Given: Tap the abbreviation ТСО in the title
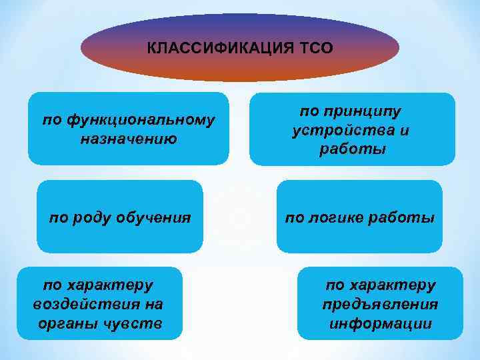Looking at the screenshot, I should coord(317,49).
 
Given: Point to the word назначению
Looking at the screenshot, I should coord(128,139).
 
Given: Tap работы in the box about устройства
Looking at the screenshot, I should coord(352,149).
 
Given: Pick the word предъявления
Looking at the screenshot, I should coord(380,305).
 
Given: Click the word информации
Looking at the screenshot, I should coord(380,324).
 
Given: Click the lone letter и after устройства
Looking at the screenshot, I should coord(404,131).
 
